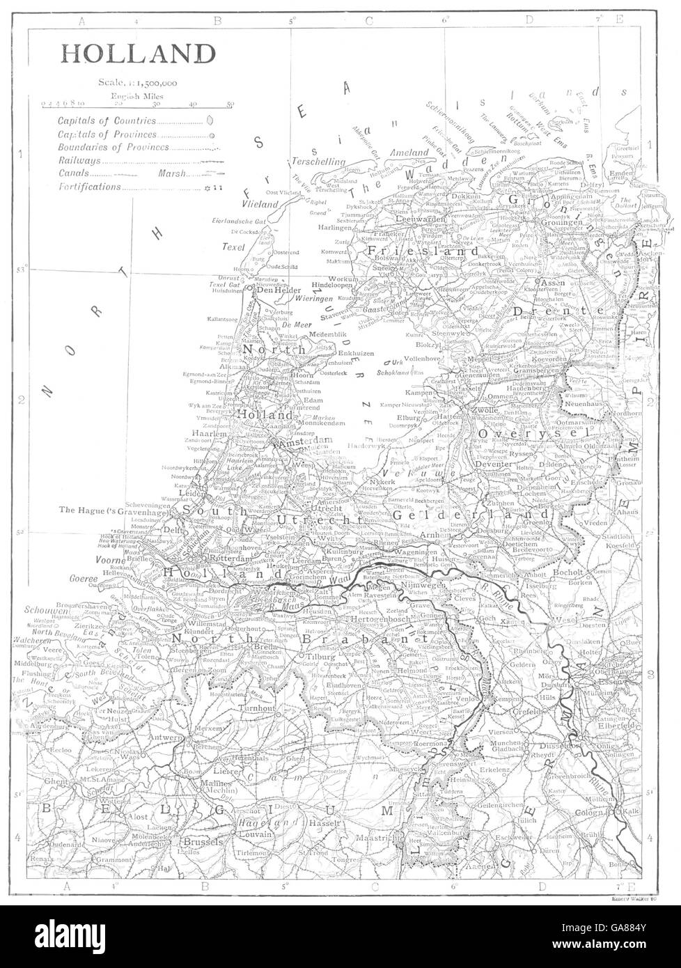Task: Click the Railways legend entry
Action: pyautogui.click(x=79, y=160)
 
